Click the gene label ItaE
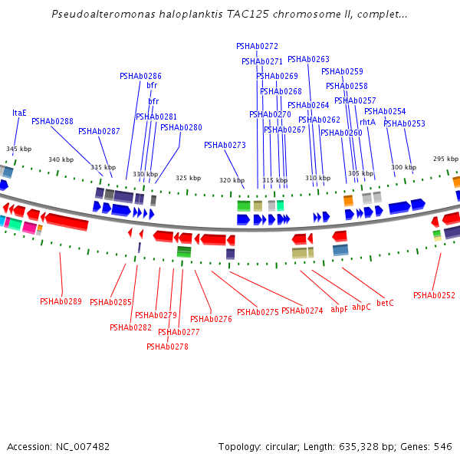tap(19, 113)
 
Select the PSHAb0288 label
tap(52, 121)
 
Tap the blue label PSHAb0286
tap(140, 76)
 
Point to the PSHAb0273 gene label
tap(225, 145)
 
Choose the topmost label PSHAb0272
tap(257, 46)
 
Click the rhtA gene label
tap(367, 122)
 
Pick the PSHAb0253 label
tap(404, 123)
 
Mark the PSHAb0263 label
tap(308, 59)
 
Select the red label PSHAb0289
tap(61, 301)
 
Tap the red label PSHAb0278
tap(167, 347)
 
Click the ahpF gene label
tap(339, 310)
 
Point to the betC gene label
tap(385, 303)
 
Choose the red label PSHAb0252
tap(434, 295)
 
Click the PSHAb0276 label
tap(211, 319)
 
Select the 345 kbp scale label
tap(18, 149)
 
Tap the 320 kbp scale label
tap(231, 180)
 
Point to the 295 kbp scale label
tap(445, 159)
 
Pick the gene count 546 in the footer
tap(443, 446)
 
